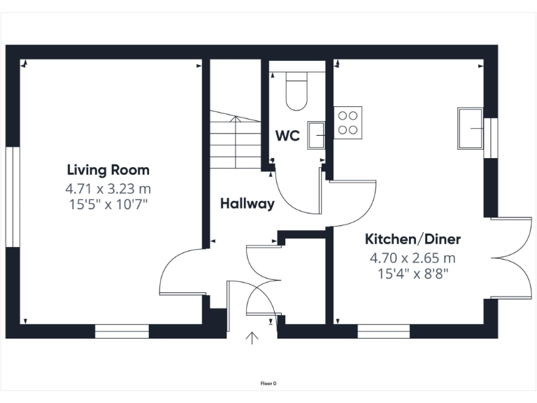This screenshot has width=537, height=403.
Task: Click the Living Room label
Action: click(x=108, y=170)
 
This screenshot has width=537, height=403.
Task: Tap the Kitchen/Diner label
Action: click(x=413, y=239)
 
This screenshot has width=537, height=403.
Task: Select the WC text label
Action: click(x=287, y=136)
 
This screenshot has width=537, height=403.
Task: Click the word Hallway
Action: click(x=247, y=204)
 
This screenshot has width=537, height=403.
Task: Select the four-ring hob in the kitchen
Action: click(x=348, y=122)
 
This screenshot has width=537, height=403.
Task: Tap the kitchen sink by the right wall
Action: click(x=471, y=128)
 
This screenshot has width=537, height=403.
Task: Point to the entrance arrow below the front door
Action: click(x=252, y=339)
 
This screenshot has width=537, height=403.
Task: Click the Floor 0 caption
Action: click(x=268, y=383)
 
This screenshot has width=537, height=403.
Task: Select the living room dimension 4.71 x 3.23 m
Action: click(x=108, y=189)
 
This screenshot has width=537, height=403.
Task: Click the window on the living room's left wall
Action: click(x=12, y=197)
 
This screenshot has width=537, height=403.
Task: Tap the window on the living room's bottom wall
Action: click(x=122, y=332)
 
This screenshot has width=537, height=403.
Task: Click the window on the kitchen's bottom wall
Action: click(x=384, y=332)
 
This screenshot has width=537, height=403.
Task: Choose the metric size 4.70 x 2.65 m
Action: click(x=413, y=257)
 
